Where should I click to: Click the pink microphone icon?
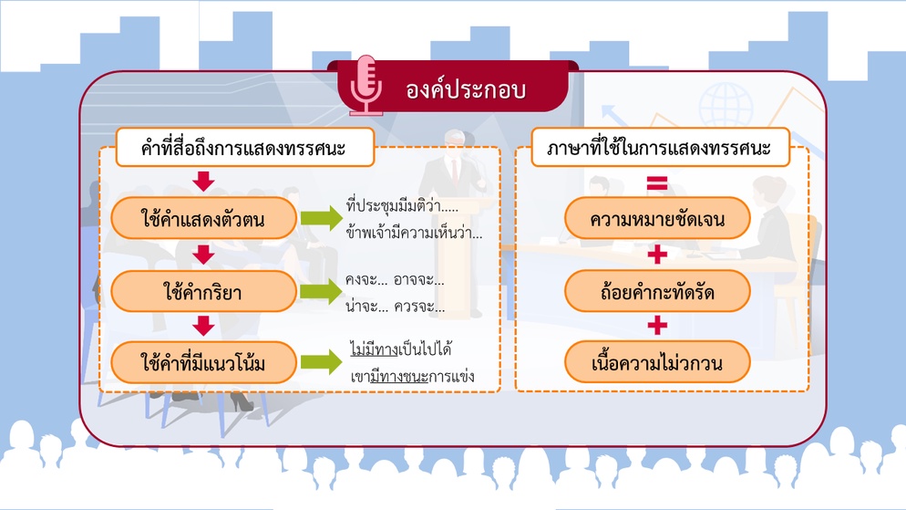click(x=365, y=85)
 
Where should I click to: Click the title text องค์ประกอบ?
click(x=465, y=89)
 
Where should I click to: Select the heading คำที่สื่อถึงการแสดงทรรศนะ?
click(x=245, y=148)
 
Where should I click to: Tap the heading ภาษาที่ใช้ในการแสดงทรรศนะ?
click(x=660, y=148)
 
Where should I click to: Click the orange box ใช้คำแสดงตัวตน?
click(x=203, y=218)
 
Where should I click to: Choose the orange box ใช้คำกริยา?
click(x=203, y=291)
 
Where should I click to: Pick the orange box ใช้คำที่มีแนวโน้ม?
click(x=203, y=362)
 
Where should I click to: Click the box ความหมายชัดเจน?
click(x=657, y=218)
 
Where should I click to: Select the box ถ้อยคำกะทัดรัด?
click(x=657, y=291)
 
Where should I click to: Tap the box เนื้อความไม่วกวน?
click(x=657, y=362)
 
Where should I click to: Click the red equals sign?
click(x=657, y=183)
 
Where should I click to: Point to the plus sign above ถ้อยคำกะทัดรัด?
click(x=657, y=255)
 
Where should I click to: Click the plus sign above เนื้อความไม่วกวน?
click(x=657, y=325)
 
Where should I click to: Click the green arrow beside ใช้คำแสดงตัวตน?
click(x=322, y=218)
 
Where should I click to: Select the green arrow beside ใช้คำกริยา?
click(x=322, y=291)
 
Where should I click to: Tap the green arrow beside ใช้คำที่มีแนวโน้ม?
click(x=322, y=362)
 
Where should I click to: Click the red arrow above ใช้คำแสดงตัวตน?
click(x=203, y=181)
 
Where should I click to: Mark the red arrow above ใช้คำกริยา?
click(x=203, y=255)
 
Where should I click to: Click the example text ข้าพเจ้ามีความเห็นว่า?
click(x=414, y=233)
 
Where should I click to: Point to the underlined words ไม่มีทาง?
click(x=375, y=349)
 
